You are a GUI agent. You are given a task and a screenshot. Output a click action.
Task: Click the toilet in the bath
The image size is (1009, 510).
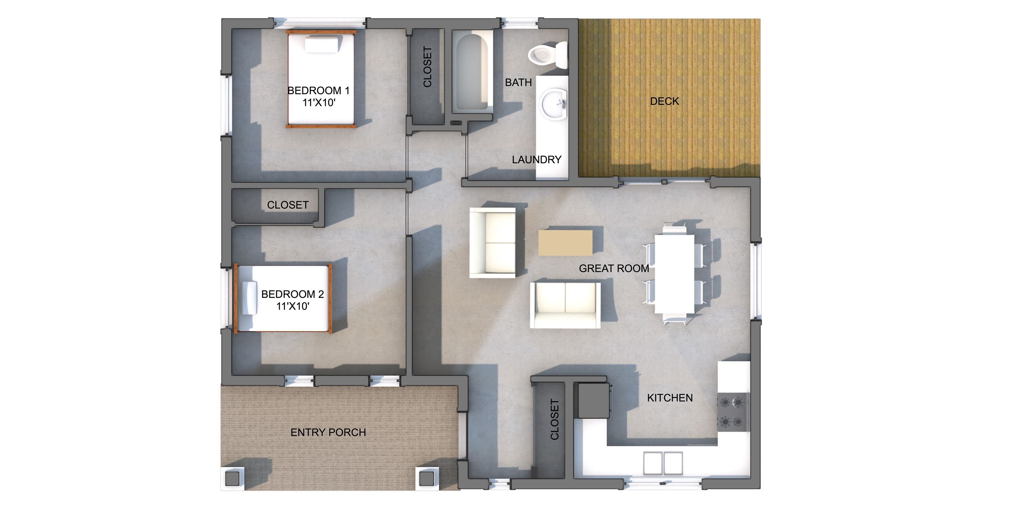click(x=546, y=55)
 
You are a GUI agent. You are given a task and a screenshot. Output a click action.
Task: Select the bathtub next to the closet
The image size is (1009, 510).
click(x=472, y=72)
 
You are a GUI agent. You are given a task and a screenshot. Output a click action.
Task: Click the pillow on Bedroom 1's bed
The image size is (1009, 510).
click(x=322, y=45)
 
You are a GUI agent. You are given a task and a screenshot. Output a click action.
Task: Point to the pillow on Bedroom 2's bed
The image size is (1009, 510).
click(x=249, y=297)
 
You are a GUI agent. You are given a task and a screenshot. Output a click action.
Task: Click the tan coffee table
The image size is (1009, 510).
click(x=565, y=243)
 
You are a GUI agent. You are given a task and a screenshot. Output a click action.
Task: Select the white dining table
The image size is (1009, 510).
click(x=674, y=273)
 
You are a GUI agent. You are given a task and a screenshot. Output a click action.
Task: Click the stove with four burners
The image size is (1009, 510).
click(x=732, y=412)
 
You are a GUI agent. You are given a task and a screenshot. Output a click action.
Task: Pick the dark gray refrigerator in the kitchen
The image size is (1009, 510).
click(x=592, y=400)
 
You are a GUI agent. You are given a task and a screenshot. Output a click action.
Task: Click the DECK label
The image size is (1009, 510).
click(x=664, y=101)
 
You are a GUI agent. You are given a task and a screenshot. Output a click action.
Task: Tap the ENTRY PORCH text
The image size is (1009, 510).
click(x=328, y=432)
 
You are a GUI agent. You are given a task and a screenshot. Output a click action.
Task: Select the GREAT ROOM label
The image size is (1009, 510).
click(x=614, y=268)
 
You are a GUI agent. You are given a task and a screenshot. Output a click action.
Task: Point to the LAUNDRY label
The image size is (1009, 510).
click(x=537, y=160)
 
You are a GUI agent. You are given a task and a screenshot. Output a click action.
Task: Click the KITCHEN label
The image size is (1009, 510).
click(x=670, y=398)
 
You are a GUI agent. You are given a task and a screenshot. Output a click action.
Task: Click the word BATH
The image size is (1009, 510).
click(x=518, y=83)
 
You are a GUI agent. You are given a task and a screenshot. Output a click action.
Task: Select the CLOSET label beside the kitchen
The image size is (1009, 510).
click(x=554, y=419)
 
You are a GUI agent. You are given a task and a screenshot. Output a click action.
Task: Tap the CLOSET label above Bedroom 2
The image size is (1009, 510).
click(x=288, y=205)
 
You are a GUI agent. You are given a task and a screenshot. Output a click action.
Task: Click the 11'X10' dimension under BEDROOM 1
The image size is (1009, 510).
click(x=319, y=103)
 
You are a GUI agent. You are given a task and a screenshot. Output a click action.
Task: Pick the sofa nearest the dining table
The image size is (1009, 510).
click(x=565, y=305)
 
